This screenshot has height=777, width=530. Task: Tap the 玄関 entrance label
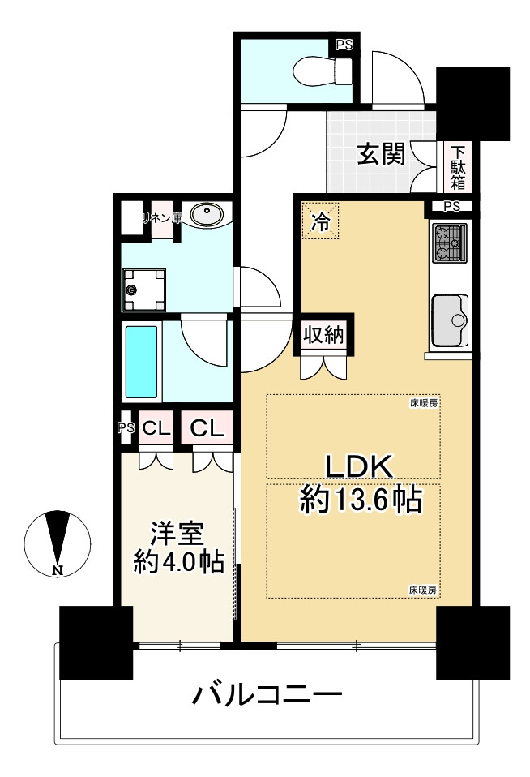[x=382, y=154]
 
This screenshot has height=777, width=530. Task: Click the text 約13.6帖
[x=361, y=499]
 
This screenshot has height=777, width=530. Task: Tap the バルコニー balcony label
[x=267, y=695]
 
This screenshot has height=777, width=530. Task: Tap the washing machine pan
[x=143, y=290]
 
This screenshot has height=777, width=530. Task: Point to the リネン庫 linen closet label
[x=160, y=218]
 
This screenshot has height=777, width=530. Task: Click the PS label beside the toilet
[x=344, y=45]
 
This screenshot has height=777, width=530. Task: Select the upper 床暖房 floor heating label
[x=423, y=402]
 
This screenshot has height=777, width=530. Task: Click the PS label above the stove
[x=451, y=206]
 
